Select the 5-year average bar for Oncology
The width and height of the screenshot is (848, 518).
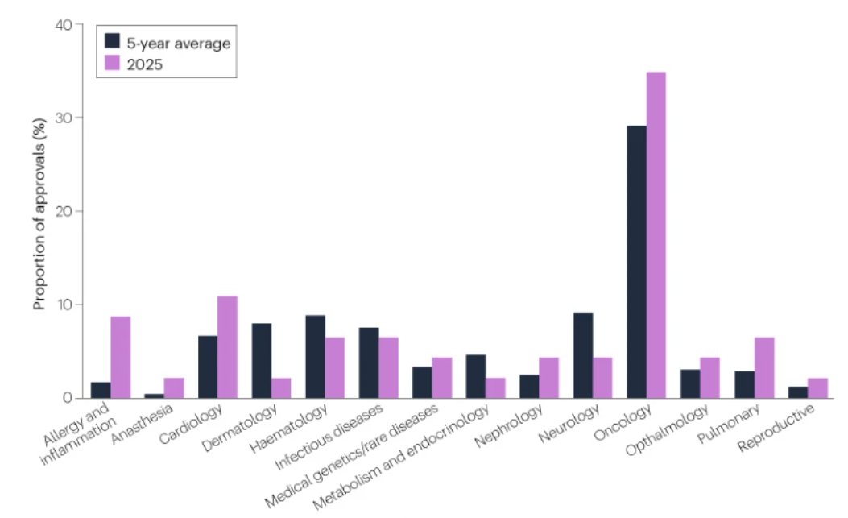coord(636,262)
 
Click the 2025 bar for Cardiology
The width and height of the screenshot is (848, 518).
coord(227,347)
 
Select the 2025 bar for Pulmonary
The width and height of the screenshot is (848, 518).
coord(763,367)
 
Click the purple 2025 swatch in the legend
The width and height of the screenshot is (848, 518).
coord(113,64)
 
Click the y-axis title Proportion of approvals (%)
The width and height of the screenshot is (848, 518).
coord(39,212)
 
